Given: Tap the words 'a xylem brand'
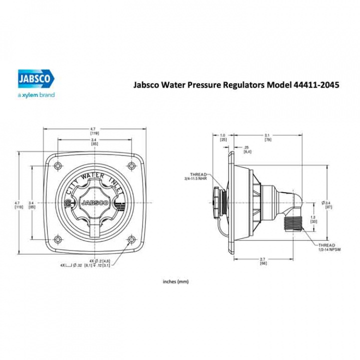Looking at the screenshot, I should click(x=36, y=94).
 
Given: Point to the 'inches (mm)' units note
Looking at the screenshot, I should click(x=176, y=281).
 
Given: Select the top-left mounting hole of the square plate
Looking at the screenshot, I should click(x=57, y=165).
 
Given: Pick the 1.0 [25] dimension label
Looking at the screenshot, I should click(x=223, y=137).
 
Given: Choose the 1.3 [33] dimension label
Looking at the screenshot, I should click(x=313, y=218).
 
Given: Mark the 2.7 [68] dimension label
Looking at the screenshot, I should click(x=263, y=261).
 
